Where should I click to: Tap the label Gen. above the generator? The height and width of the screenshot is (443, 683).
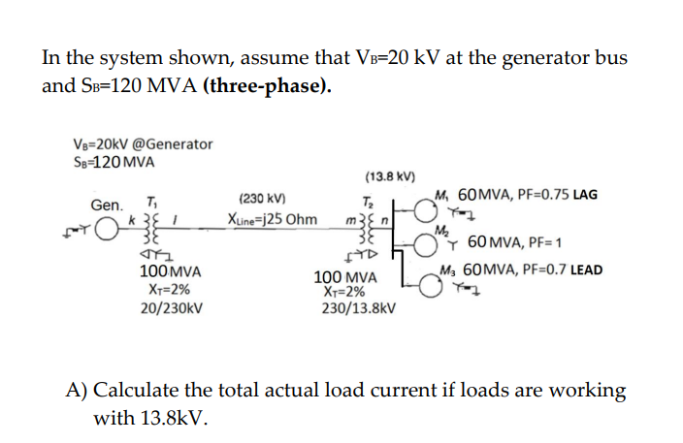(x=108, y=206)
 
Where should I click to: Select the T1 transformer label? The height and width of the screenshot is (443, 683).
(x=151, y=201)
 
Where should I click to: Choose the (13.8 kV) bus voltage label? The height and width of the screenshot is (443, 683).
(x=390, y=176)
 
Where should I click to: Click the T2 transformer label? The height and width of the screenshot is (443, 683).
(x=367, y=201)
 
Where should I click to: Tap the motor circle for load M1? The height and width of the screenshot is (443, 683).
(x=423, y=206)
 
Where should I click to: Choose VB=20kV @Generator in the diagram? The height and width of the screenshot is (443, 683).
(x=143, y=144)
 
